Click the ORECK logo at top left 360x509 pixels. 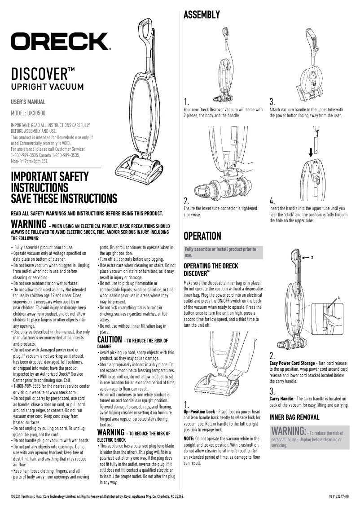61,42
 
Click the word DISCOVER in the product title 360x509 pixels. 39,74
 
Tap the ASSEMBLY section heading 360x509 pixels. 202,15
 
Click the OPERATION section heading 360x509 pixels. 202,236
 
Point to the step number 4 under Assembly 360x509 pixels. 272,201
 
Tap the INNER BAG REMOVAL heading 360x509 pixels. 294,417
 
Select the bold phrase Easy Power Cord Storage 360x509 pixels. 292,363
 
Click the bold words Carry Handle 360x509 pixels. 281,398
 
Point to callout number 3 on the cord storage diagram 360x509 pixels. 339,298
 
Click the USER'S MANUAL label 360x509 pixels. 28,102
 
